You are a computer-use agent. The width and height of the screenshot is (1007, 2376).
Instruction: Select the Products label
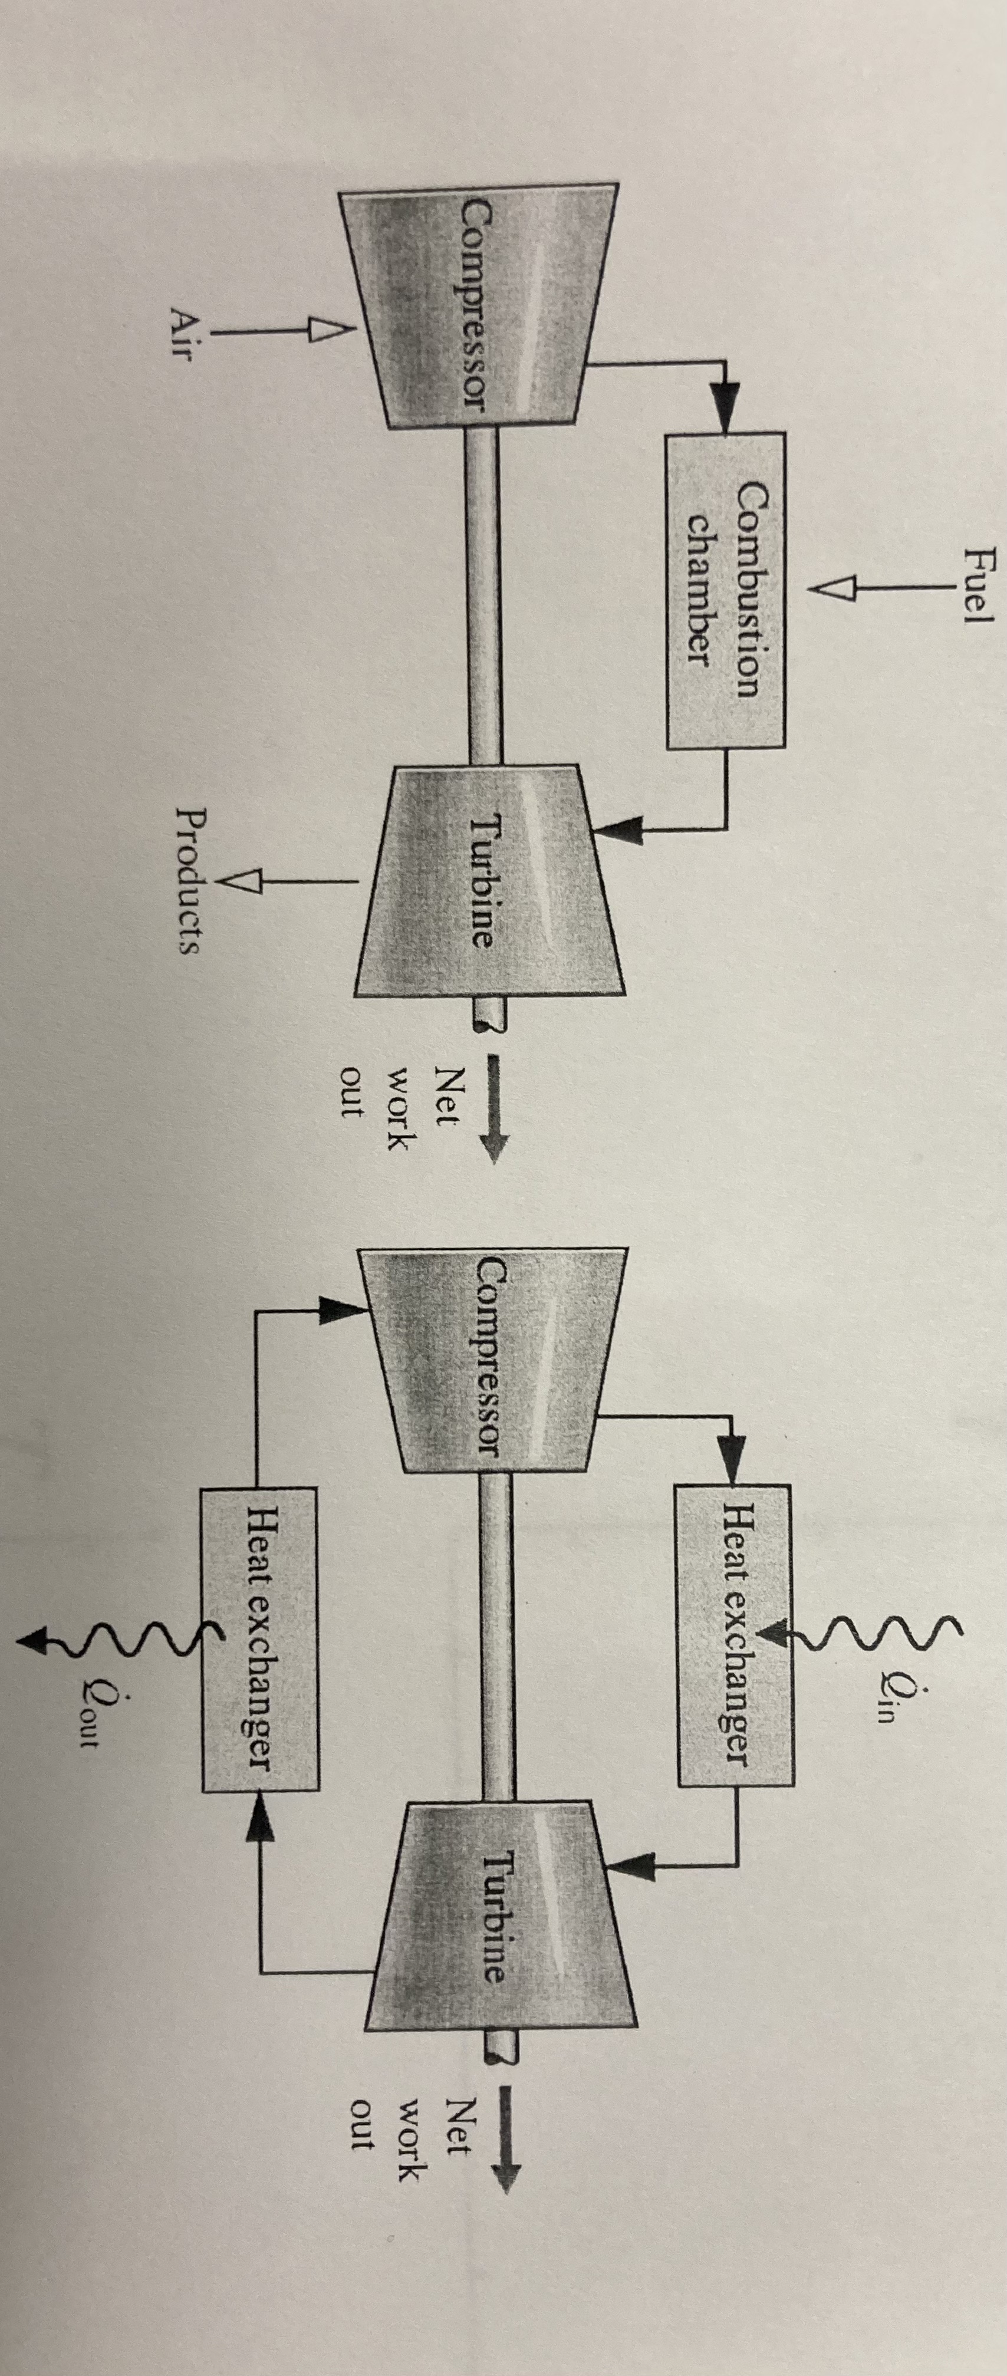tap(189, 881)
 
